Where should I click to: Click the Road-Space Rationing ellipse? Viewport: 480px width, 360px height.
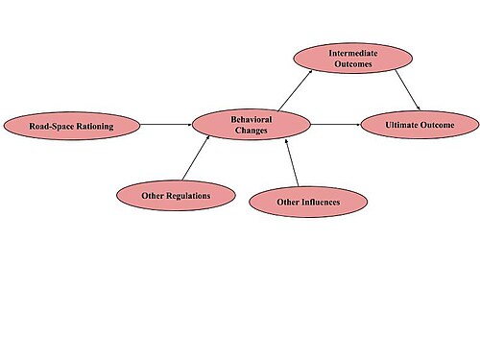[x=72, y=126]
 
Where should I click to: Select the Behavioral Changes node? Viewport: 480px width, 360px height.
[x=252, y=125]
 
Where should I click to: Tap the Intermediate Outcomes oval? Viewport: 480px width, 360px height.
[x=353, y=59]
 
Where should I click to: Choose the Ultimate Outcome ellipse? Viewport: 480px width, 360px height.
[x=420, y=125]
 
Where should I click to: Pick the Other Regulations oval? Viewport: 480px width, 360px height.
[x=176, y=196]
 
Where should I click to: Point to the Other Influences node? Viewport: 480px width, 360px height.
[x=308, y=202]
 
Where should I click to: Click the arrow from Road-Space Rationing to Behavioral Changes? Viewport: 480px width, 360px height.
[x=166, y=125]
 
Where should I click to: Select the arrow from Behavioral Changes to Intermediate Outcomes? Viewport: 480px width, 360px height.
[x=295, y=90]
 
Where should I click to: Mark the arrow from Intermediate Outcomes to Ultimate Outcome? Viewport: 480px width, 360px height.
[x=407, y=90]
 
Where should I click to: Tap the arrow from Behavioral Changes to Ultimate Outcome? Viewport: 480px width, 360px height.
[x=336, y=125]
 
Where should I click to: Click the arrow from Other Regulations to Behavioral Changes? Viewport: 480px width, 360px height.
[x=196, y=157]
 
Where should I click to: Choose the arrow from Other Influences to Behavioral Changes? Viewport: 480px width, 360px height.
[x=292, y=162]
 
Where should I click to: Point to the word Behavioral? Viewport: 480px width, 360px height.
[x=252, y=119]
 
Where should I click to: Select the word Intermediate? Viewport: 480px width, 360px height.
[x=353, y=53]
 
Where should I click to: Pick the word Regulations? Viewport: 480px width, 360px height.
[x=189, y=196]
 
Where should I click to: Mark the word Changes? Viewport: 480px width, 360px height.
[x=252, y=131]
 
